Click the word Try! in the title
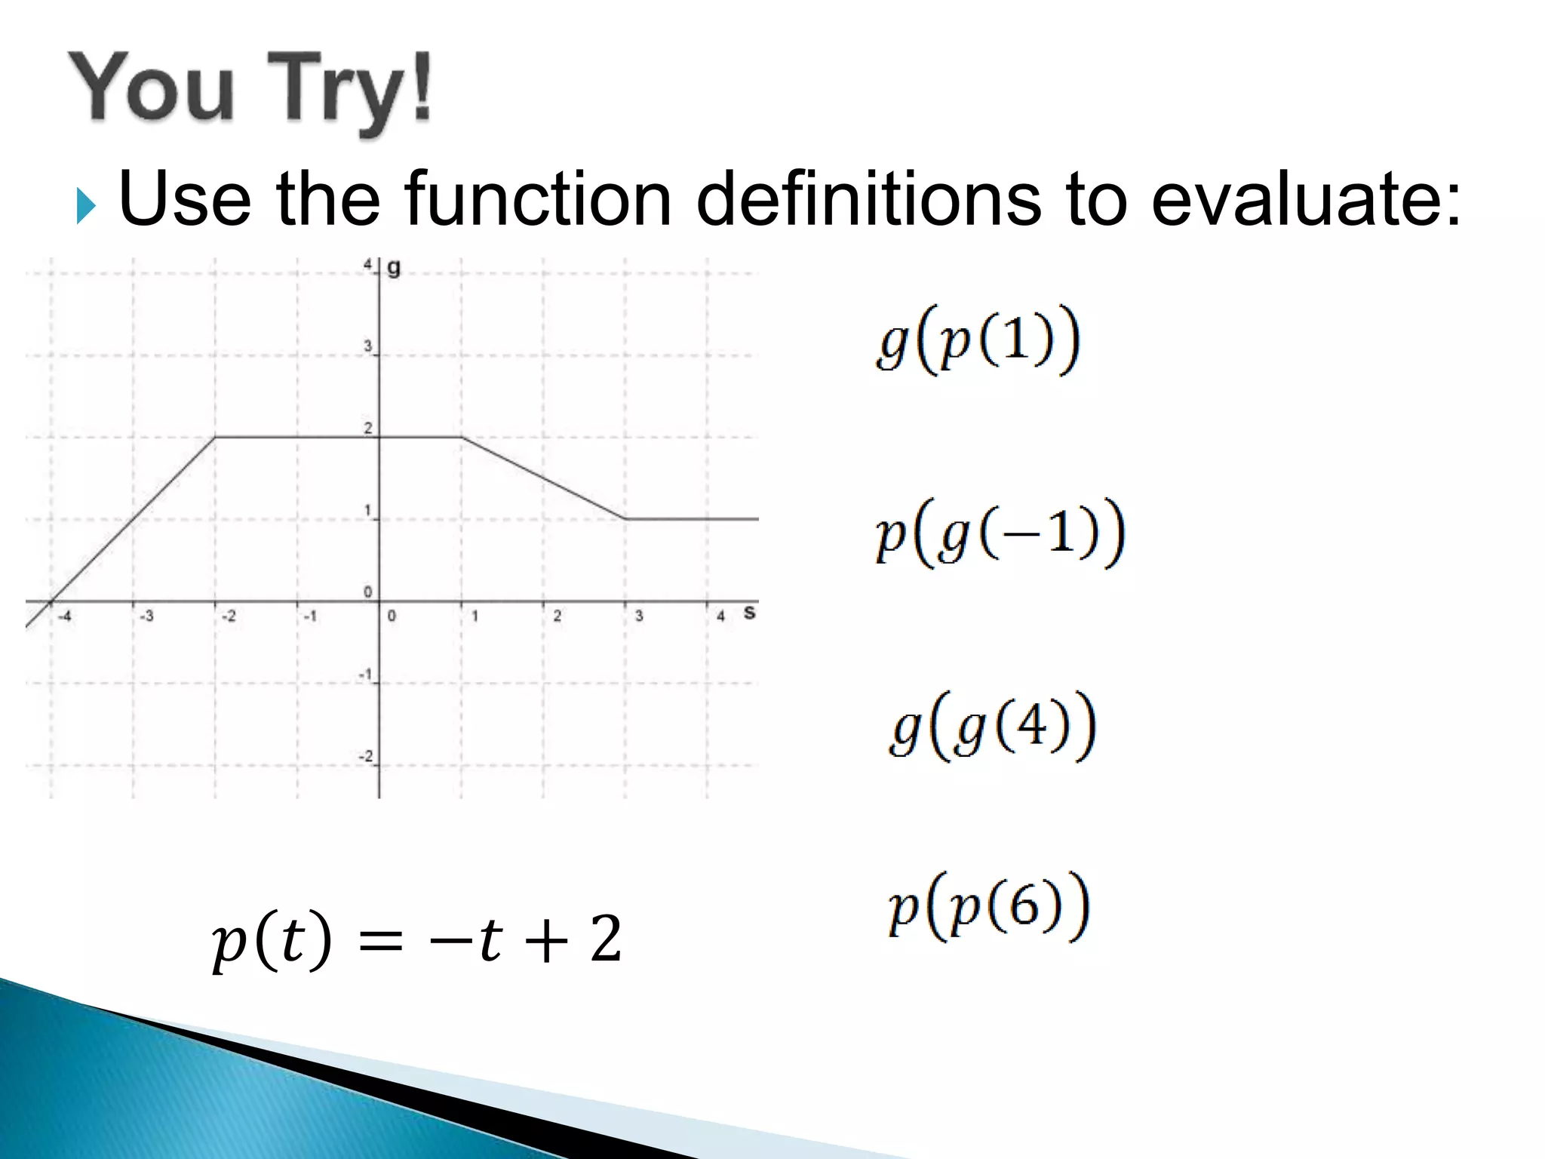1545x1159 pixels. click(x=351, y=89)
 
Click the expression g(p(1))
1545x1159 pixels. click(x=978, y=340)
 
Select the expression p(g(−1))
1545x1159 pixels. click(x=1000, y=533)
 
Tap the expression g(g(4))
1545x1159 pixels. click(x=993, y=727)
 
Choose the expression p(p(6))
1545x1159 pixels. click(x=989, y=906)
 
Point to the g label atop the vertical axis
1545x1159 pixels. click(x=394, y=268)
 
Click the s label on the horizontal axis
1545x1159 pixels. click(x=748, y=613)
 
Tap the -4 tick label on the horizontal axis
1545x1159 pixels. click(x=65, y=616)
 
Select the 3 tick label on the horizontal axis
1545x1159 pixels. click(x=639, y=616)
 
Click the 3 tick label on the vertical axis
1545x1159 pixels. click(x=368, y=346)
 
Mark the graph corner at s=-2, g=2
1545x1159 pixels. click(x=216, y=437)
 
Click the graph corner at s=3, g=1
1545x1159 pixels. click(x=625, y=519)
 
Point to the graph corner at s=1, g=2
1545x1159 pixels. click(x=462, y=437)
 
